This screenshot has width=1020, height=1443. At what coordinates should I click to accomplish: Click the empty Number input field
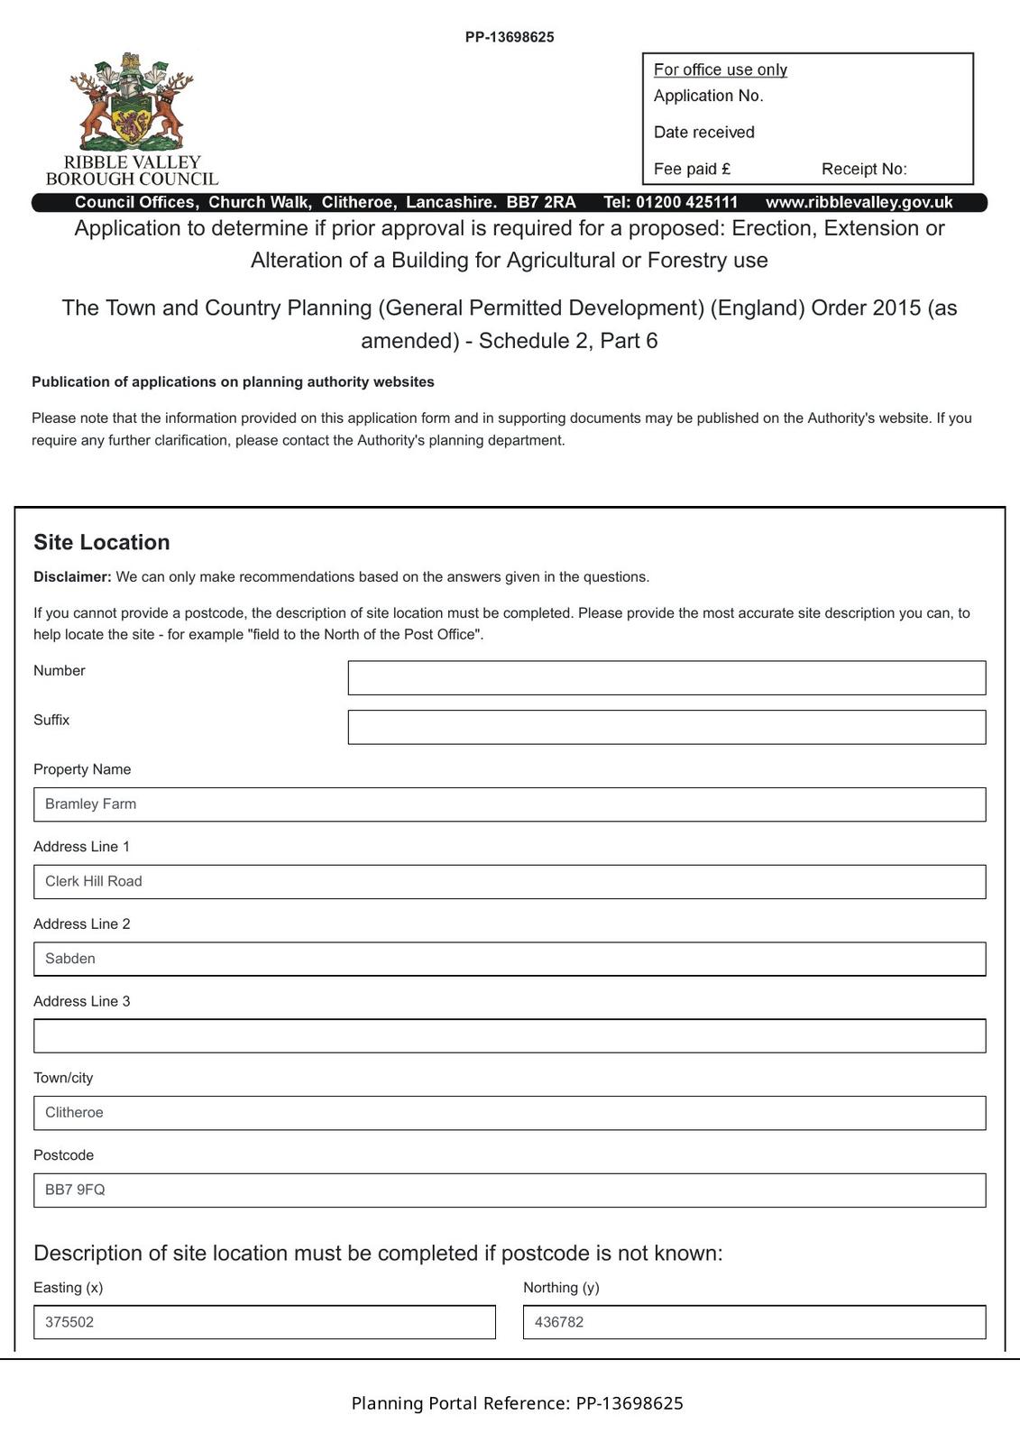pyautogui.click(x=666, y=677)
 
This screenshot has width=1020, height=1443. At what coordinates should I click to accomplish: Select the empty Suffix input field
pyautogui.click(x=666, y=727)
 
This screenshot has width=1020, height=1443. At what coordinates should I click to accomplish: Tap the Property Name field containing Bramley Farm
pyautogui.click(x=510, y=804)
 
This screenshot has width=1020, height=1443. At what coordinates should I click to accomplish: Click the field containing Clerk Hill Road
pyautogui.click(x=510, y=881)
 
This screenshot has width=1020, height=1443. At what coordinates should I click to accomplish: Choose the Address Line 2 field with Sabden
pyautogui.click(x=510, y=959)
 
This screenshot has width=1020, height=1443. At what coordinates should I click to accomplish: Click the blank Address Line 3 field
pyautogui.click(x=510, y=1035)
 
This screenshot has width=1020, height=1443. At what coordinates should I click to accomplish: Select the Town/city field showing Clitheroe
pyautogui.click(x=510, y=1113)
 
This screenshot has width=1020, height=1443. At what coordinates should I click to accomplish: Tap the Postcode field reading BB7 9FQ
pyautogui.click(x=510, y=1190)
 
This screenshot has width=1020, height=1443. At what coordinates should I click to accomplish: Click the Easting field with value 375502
pyautogui.click(x=264, y=1322)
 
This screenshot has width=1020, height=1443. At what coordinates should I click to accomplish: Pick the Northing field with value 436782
pyautogui.click(x=754, y=1322)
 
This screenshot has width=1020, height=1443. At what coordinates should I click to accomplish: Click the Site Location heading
pyautogui.click(x=102, y=542)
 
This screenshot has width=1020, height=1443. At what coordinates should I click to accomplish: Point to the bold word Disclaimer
pyautogui.click(x=72, y=577)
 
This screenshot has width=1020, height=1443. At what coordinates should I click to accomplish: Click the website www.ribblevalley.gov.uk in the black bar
pyautogui.click(x=859, y=203)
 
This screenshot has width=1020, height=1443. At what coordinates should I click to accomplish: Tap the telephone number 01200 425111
pyautogui.click(x=686, y=203)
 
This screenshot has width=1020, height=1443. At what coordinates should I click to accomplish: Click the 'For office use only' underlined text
pyautogui.click(x=720, y=70)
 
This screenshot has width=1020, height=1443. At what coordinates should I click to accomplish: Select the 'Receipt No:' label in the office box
pyautogui.click(x=864, y=169)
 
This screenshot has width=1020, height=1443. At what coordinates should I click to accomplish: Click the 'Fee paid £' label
pyautogui.click(x=692, y=169)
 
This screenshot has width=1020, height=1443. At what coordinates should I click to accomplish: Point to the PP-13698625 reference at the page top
pyautogui.click(x=510, y=37)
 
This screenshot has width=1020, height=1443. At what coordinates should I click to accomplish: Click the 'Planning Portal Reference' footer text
pyautogui.click(x=517, y=1403)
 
